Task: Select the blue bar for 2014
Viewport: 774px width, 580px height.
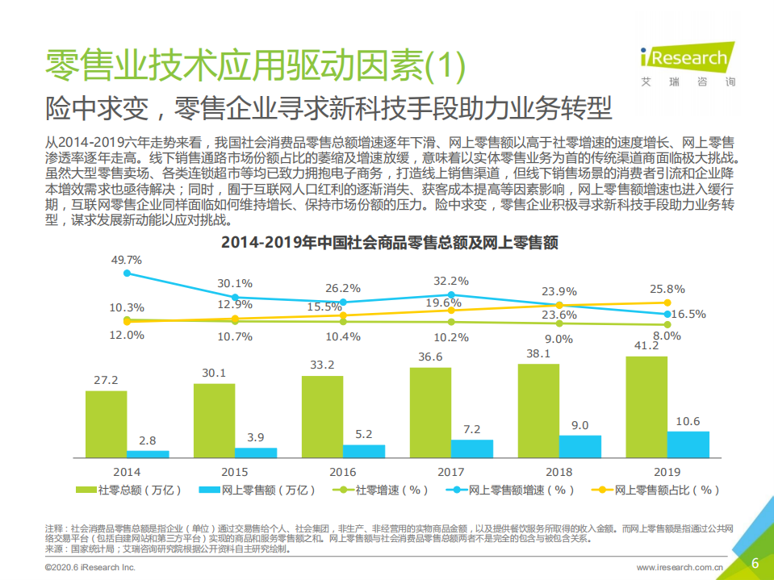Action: coord(148,454)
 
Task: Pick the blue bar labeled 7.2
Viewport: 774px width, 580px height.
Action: coord(471,449)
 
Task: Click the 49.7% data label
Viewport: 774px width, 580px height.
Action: coord(126,260)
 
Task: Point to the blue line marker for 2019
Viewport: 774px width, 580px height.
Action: coord(667,314)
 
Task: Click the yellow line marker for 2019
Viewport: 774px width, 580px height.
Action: coord(667,303)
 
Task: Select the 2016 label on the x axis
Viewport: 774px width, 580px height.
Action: coord(343,471)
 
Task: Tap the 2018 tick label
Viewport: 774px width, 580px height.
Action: coord(559,471)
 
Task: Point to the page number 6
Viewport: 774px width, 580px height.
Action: coord(755,563)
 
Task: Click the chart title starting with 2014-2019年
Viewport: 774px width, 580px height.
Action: coord(390,241)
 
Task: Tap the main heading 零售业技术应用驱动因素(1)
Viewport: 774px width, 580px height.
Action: coord(255,65)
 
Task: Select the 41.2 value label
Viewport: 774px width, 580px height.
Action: coord(646,344)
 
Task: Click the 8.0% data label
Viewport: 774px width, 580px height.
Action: coord(667,336)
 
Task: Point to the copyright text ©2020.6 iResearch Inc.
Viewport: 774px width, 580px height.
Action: coord(90,568)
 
